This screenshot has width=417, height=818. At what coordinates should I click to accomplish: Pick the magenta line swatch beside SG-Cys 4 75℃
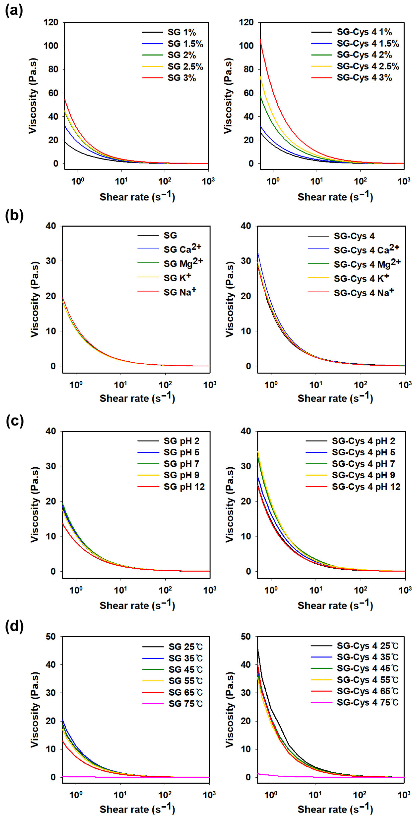click(322, 703)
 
